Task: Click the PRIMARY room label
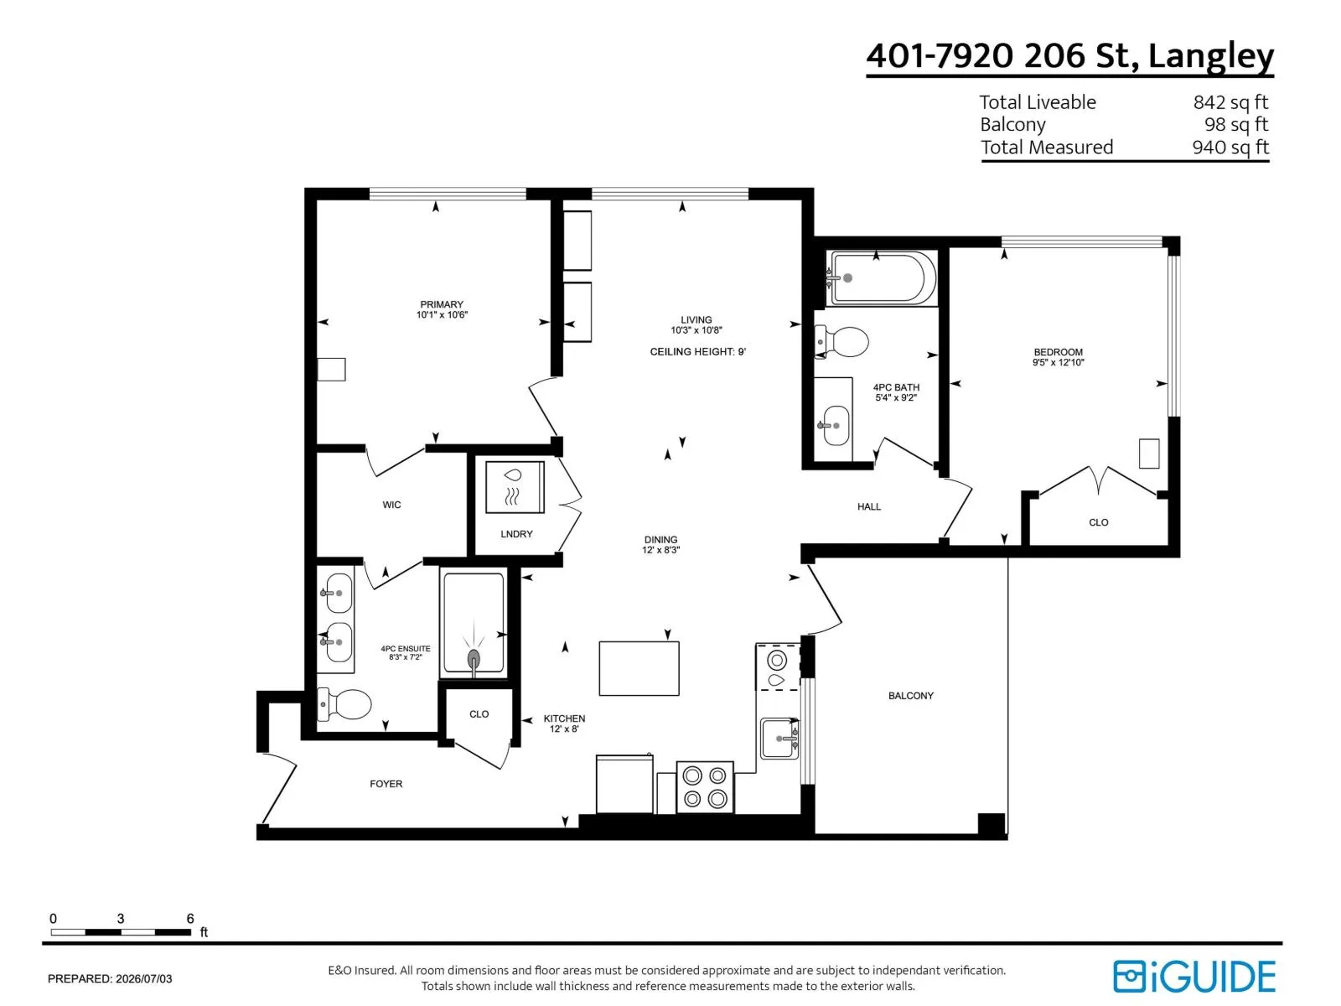[x=441, y=304]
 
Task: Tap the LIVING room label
[x=696, y=319]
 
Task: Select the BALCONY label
[x=910, y=695]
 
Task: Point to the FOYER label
[x=386, y=784]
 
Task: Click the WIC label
[x=391, y=505]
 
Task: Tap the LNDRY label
[x=516, y=534]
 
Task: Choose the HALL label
[x=869, y=506]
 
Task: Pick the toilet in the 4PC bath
[x=841, y=342]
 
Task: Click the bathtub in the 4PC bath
[x=881, y=278]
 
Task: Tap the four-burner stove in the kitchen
[x=704, y=786]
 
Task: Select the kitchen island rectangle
[x=639, y=668]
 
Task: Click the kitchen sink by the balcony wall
[x=779, y=739]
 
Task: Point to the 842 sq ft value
[x=1230, y=102]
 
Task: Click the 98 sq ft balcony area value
[x=1236, y=125]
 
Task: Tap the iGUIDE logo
[x=1193, y=977]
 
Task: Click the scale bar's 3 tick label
[x=121, y=918]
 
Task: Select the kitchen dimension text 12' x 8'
[x=564, y=729]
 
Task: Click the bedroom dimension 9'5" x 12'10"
[x=1059, y=362]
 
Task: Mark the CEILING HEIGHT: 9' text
[x=697, y=352]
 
